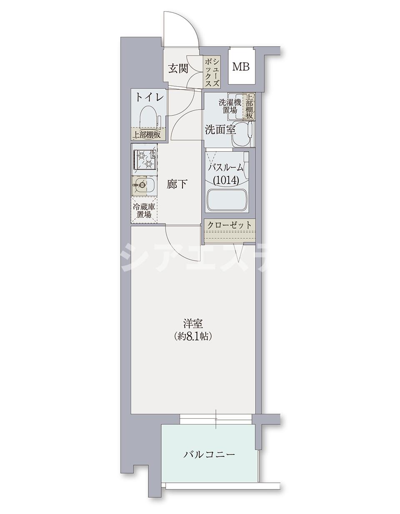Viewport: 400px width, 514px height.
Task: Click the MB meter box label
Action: coord(241,67)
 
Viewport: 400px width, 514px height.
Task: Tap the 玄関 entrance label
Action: coord(178,68)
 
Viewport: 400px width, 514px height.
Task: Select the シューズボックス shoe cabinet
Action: coord(212,72)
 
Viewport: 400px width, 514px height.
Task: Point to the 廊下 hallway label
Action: coord(177,184)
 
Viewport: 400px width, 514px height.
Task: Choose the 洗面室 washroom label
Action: coord(220,130)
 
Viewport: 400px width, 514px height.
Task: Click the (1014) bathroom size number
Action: coord(225,180)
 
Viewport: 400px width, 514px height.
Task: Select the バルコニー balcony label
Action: coord(209,454)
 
